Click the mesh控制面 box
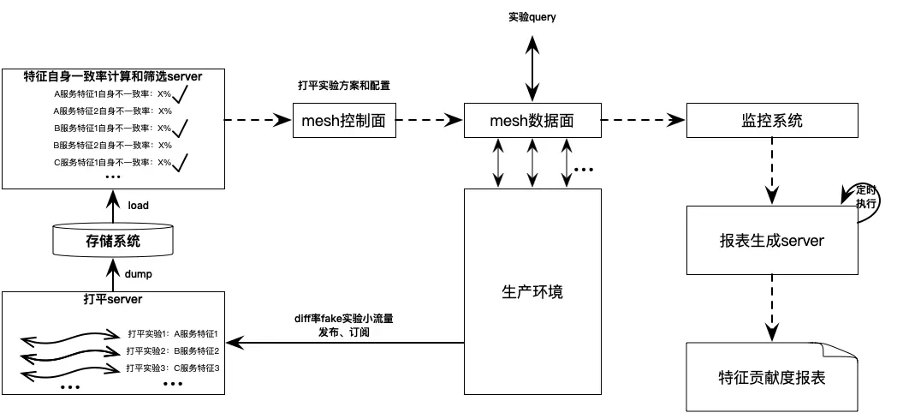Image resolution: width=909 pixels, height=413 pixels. click(x=344, y=121)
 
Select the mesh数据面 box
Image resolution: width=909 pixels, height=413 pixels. click(x=531, y=121)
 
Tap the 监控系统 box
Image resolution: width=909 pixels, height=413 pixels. click(x=771, y=121)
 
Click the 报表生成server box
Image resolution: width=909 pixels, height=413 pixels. click(x=771, y=241)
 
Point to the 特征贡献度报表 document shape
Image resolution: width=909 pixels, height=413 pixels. click(x=771, y=377)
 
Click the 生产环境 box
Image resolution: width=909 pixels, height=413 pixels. click(x=532, y=291)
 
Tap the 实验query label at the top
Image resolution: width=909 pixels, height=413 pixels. click(x=532, y=17)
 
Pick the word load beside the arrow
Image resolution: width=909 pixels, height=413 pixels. click(x=138, y=206)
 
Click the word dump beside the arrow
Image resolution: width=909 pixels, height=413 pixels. click(x=138, y=274)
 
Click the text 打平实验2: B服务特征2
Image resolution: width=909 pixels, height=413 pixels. click(x=173, y=350)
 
